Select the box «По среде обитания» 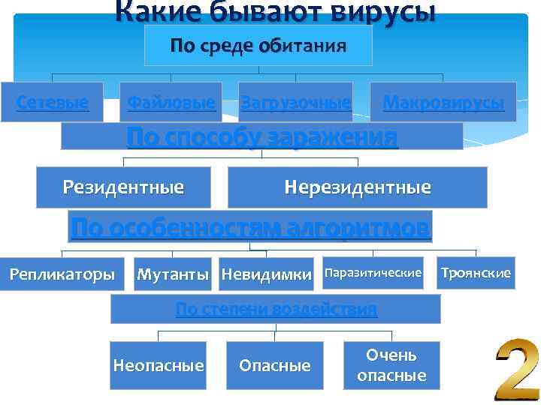[x=258, y=46]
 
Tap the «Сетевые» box [x=52, y=102]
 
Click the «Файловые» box [x=172, y=102]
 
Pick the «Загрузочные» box [x=295, y=103]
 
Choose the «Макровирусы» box [x=443, y=102]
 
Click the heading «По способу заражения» [x=261, y=137]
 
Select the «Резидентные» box [x=123, y=187]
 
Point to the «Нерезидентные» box [x=357, y=187]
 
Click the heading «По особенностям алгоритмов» [x=251, y=226]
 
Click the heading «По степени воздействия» [x=276, y=309]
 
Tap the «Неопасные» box [x=158, y=365]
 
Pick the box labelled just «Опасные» [x=274, y=365]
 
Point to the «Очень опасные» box [x=391, y=364]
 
